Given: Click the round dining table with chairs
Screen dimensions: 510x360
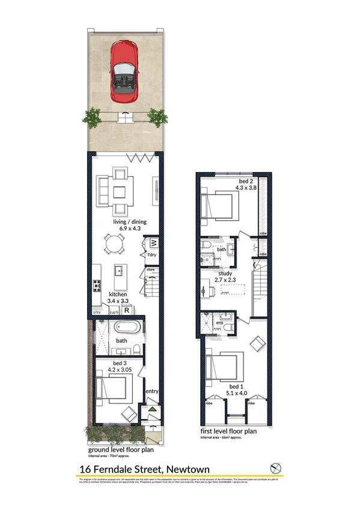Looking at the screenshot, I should [114, 245].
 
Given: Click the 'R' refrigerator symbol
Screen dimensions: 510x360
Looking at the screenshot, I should [127, 310].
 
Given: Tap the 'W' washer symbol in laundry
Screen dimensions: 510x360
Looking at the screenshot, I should [153, 243].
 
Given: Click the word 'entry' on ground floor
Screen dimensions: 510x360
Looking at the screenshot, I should [151, 392].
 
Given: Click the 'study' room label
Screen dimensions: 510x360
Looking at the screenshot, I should [225, 272].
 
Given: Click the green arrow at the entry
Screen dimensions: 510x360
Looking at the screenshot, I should [152, 410].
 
